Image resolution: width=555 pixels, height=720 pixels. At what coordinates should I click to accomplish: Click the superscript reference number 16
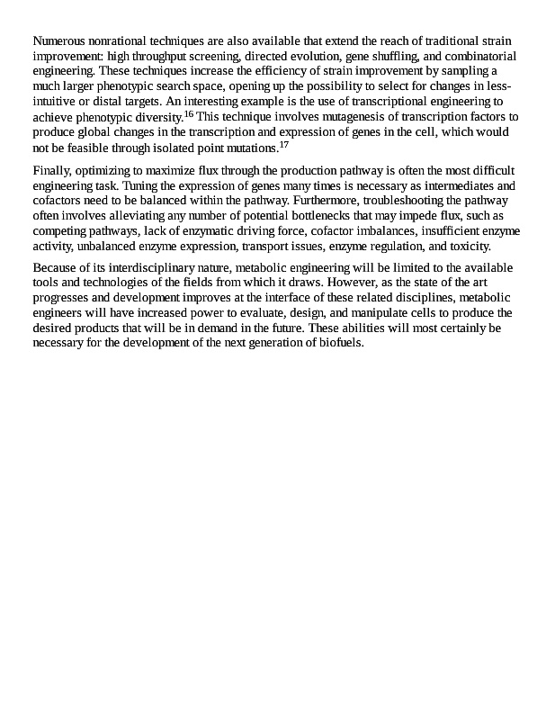click(188, 114)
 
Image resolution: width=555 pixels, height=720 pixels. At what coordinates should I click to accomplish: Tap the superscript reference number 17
click(283, 144)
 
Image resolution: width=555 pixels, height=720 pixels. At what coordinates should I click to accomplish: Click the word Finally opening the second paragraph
click(52, 171)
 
